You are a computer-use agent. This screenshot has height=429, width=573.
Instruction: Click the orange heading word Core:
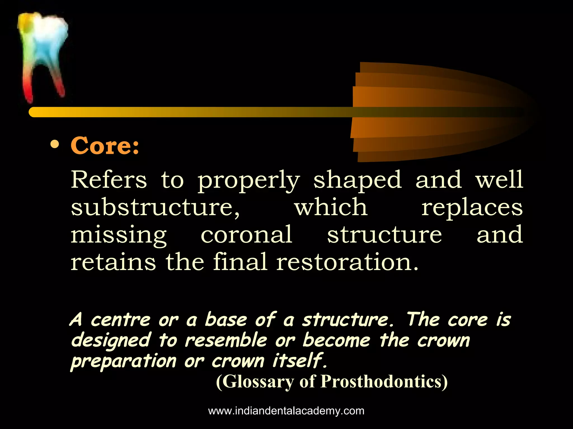click(x=105, y=146)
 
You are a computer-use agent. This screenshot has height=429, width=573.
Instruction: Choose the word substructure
click(x=155, y=208)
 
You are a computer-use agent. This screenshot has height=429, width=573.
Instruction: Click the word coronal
click(x=246, y=235)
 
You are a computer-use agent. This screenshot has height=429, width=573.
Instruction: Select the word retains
click(x=113, y=262)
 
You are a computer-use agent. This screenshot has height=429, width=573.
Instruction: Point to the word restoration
click(x=347, y=262)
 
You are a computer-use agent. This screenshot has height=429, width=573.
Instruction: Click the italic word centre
click(x=121, y=320)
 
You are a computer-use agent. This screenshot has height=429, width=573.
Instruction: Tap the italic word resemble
click(x=226, y=340)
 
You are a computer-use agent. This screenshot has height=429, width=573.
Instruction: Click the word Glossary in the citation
click(x=255, y=382)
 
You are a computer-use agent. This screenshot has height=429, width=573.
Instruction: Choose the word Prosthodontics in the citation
click(x=384, y=382)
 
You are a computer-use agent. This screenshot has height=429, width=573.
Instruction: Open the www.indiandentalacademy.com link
click(x=286, y=411)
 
